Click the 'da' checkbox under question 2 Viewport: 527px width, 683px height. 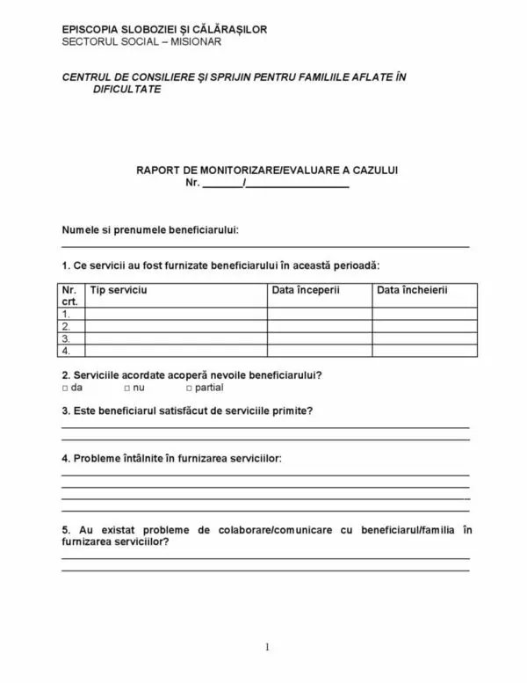click(66, 387)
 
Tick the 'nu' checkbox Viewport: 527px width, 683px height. click(127, 387)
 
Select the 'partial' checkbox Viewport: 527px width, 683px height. click(190, 387)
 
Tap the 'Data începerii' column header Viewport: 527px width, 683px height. click(304, 289)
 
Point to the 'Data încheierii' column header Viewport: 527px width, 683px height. click(411, 289)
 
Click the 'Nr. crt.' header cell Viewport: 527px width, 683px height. click(70, 294)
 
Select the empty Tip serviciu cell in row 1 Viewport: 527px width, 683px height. click(176, 313)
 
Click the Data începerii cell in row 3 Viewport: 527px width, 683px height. click(320, 338)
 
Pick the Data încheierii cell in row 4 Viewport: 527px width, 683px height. click(425, 350)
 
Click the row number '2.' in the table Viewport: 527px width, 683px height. click(67, 325)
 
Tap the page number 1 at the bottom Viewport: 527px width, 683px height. click(266, 648)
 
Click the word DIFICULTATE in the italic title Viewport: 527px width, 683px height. click(126, 90)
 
